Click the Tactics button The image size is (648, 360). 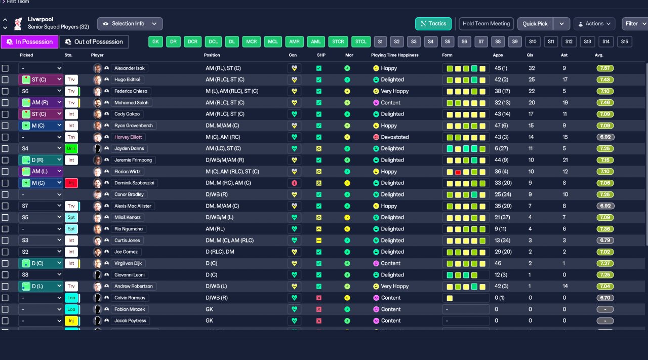[433, 24]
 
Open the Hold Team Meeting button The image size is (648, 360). [486, 24]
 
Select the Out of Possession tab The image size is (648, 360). [94, 42]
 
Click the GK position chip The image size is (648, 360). [155, 42]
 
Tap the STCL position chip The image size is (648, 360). [360, 42]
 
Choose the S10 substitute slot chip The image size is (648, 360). [532, 42]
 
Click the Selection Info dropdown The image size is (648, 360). [130, 24]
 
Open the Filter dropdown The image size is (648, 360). [635, 24]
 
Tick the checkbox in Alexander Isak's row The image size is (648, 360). [5, 68]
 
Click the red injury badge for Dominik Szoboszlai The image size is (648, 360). [71, 183]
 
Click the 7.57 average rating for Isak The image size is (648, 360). [605, 68]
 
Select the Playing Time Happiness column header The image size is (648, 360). [395, 55]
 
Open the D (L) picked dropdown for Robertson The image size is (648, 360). [41, 287]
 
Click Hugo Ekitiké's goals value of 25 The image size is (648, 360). [532, 79]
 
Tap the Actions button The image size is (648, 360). [594, 24]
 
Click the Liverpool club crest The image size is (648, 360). [19, 23]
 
